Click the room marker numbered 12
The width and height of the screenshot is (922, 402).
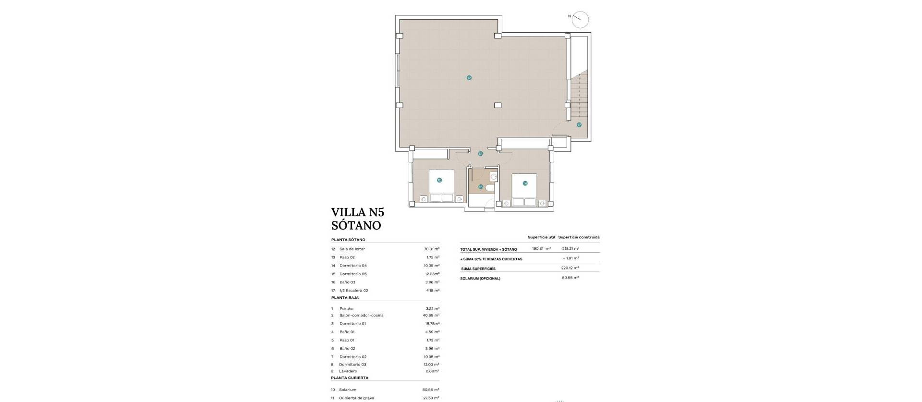click(469, 77)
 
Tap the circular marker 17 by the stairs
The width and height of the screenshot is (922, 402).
click(579, 124)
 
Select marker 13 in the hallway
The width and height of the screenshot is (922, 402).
click(480, 154)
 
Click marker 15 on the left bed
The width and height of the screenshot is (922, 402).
click(439, 180)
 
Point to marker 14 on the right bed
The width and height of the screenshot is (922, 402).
click(525, 183)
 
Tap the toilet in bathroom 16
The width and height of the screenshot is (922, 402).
click(489, 188)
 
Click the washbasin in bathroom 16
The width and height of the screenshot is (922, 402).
click(494, 177)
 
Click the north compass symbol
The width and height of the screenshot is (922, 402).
click(580, 19)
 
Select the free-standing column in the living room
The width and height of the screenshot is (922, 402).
click(498, 105)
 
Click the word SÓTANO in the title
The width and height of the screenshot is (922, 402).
click(356, 225)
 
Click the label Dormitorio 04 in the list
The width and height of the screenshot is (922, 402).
click(353, 266)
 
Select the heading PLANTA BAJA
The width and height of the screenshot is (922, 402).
click(345, 298)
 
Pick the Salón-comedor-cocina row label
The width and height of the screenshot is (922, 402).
click(361, 316)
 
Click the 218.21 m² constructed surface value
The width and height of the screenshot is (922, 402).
click(570, 248)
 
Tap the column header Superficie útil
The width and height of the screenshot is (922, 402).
click(541, 237)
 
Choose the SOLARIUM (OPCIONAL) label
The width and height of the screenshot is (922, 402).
click(480, 279)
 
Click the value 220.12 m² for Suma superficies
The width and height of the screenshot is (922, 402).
click(570, 268)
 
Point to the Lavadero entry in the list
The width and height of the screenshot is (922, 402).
click(348, 371)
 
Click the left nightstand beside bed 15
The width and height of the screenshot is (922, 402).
click(424, 198)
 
